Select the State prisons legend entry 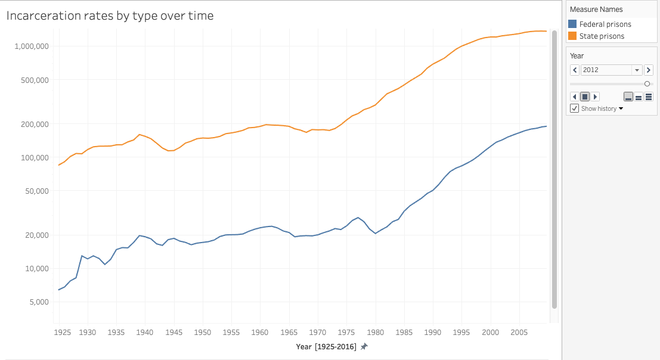[x=602, y=36]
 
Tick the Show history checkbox [x=575, y=108]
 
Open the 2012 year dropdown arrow [x=637, y=70]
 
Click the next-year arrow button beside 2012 [x=649, y=70]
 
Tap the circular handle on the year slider [x=647, y=84]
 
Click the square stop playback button [x=585, y=97]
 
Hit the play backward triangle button [x=575, y=97]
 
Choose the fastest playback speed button [x=649, y=97]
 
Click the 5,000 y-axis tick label [x=38, y=302]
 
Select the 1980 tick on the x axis [x=375, y=332]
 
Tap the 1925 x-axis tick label [x=61, y=332]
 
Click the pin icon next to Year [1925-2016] [x=364, y=346]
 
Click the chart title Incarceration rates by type [x=110, y=16]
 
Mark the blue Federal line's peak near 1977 [x=358, y=218]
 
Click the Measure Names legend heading [x=596, y=10]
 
